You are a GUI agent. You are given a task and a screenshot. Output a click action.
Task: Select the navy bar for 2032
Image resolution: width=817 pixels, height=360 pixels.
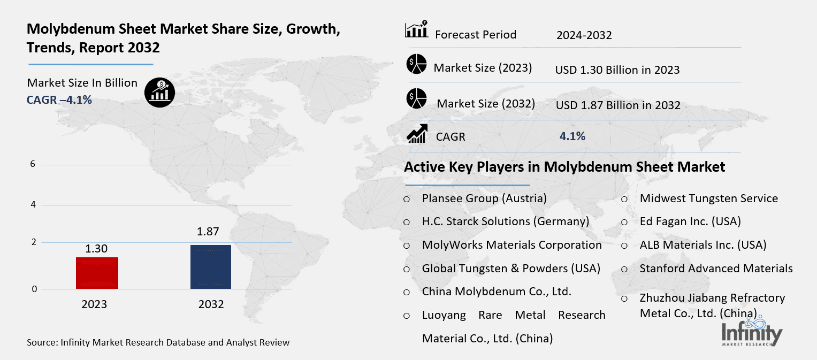tap(211, 266)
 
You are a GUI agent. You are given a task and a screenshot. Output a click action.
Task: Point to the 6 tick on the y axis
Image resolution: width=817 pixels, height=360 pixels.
tap(33, 164)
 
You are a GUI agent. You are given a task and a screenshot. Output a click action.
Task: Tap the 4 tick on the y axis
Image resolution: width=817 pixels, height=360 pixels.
tap(33, 205)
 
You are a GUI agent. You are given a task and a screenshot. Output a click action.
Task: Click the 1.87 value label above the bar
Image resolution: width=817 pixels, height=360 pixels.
tap(209, 232)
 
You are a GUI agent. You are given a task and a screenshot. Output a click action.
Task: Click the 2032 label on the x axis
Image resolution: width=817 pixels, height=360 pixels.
tap(211, 304)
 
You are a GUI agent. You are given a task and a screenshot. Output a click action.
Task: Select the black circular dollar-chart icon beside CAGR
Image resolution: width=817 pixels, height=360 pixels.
tap(159, 93)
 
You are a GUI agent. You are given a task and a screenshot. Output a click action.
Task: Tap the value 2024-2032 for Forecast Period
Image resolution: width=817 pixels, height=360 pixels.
tap(584, 35)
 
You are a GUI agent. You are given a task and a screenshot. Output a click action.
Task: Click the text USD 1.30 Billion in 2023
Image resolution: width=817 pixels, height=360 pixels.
tap(617, 70)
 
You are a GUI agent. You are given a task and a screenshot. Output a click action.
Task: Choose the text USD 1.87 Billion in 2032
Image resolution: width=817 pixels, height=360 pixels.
tap(618, 105)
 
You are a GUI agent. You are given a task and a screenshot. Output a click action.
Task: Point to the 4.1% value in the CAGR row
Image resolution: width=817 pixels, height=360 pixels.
tap(572, 136)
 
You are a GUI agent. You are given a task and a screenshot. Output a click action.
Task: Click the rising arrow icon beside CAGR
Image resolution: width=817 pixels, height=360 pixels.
tap(417, 134)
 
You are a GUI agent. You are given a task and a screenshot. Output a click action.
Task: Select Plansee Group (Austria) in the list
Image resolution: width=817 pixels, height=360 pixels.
tap(484, 198)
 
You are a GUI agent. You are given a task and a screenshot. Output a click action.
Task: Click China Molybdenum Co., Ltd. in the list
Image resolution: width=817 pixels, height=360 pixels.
tap(497, 292)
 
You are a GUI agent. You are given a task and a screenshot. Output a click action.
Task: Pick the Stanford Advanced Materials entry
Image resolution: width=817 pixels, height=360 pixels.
tap(716, 268)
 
